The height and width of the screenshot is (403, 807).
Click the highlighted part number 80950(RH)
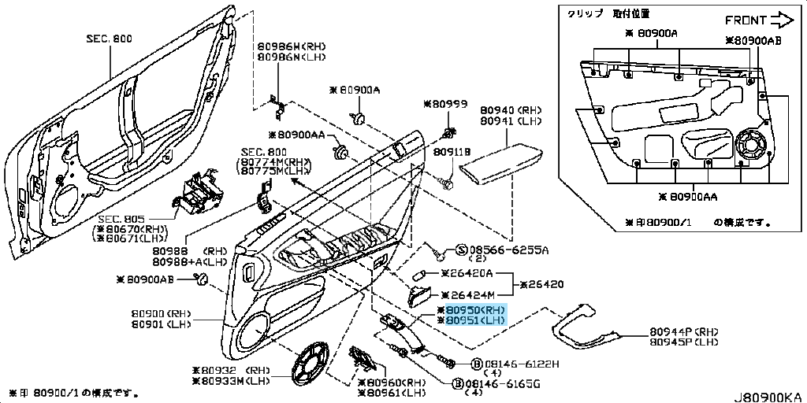tap(474, 310)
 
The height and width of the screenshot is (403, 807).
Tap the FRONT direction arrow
tap(780, 18)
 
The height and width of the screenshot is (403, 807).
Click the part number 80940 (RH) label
tap(510, 110)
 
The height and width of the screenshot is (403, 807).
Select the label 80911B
tap(452, 151)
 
